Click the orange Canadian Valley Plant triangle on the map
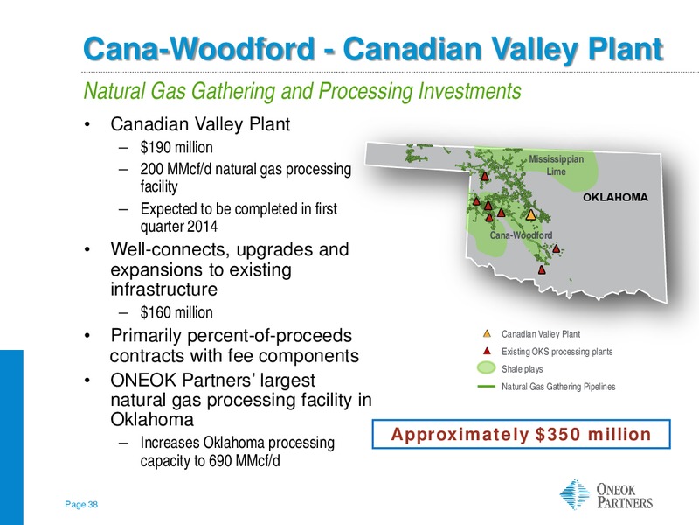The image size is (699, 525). pyautogui.click(x=530, y=214)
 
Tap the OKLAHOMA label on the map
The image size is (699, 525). pyautogui.click(x=615, y=198)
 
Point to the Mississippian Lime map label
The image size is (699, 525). pyautogui.click(x=556, y=165)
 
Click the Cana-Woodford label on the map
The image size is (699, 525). pyautogui.click(x=521, y=235)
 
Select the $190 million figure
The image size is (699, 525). pyautogui.click(x=176, y=147)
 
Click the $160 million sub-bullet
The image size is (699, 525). pyautogui.click(x=176, y=312)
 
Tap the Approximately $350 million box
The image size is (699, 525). pyautogui.click(x=521, y=434)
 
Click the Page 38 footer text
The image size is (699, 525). pyautogui.click(x=81, y=505)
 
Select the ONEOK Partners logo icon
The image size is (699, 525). pyautogui.click(x=575, y=494)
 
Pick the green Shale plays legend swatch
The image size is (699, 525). pyautogui.click(x=486, y=367)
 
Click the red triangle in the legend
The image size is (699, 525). pyautogui.click(x=487, y=351)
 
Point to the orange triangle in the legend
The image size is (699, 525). pyautogui.click(x=487, y=333)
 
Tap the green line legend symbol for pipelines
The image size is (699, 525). pyautogui.click(x=486, y=387)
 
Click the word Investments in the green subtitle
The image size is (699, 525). pyautogui.click(x=470, y=91)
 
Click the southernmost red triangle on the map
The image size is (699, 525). pyautogui.click(x=542, y=269)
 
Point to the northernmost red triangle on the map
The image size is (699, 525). pyautogui.click(x=485, y=176)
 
